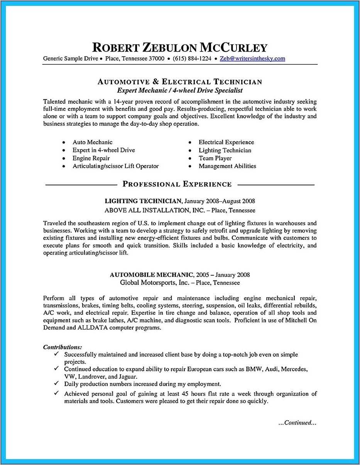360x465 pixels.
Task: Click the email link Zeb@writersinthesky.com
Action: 252,59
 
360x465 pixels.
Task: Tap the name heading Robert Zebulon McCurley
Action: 180,47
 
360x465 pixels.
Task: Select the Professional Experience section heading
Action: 177,184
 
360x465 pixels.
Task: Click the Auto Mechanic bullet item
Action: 93,142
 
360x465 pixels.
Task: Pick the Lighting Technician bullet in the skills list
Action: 225,150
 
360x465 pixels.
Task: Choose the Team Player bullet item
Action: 215,158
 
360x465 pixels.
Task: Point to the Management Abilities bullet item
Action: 227,166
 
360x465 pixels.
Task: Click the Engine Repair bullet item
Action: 91,158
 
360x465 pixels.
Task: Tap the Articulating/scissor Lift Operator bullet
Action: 116,166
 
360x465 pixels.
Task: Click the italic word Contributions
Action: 63,347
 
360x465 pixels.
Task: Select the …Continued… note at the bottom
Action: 297,423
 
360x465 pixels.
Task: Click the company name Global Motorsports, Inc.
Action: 154,283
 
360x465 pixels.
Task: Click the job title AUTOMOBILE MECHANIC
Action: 151,275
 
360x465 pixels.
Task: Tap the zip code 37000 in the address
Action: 157,59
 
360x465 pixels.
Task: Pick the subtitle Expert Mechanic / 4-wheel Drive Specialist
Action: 180,91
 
